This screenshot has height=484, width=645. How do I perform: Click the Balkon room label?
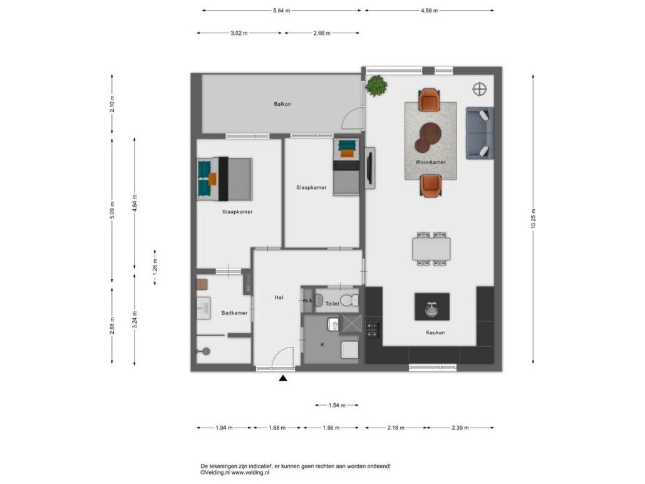click(282, 104)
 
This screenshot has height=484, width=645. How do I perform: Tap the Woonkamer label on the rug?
click(430, 162)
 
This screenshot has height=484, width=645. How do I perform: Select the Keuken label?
click(435, 332)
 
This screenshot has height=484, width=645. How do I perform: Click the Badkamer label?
click(234, 313)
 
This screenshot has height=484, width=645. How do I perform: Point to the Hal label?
click(279, 297)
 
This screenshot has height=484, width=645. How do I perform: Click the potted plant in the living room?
click(376, 86)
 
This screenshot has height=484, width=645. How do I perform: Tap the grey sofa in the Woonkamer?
click(480, 133)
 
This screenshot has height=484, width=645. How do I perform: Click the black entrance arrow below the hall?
click(282, 378)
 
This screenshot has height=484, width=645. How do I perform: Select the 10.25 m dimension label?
click(533, 219)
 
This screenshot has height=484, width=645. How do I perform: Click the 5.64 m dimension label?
click(282, 11)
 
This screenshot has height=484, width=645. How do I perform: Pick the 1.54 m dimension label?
click(337, 406)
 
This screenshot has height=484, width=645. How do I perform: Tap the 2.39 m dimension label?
click(460, 428)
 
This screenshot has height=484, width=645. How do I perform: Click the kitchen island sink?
click(431, 309)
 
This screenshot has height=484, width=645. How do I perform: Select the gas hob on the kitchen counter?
click(372, 330)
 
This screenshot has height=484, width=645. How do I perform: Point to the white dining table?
click(431, 249)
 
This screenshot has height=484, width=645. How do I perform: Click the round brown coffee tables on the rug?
click(428, 136)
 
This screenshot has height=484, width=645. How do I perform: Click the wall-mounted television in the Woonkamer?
click(370, 168)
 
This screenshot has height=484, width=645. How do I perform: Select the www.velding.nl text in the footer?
click(250, 473)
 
